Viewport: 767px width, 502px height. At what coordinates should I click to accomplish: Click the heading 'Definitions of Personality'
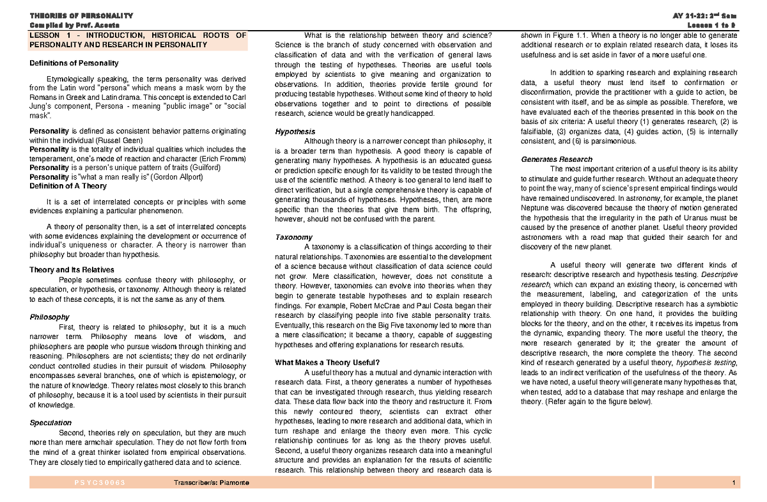74,63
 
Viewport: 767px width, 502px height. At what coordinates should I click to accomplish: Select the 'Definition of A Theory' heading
68,186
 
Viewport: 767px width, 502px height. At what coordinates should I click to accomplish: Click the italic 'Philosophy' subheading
49,317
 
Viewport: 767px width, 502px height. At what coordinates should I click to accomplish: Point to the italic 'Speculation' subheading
51,423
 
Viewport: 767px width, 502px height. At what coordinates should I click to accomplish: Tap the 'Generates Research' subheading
557,159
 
